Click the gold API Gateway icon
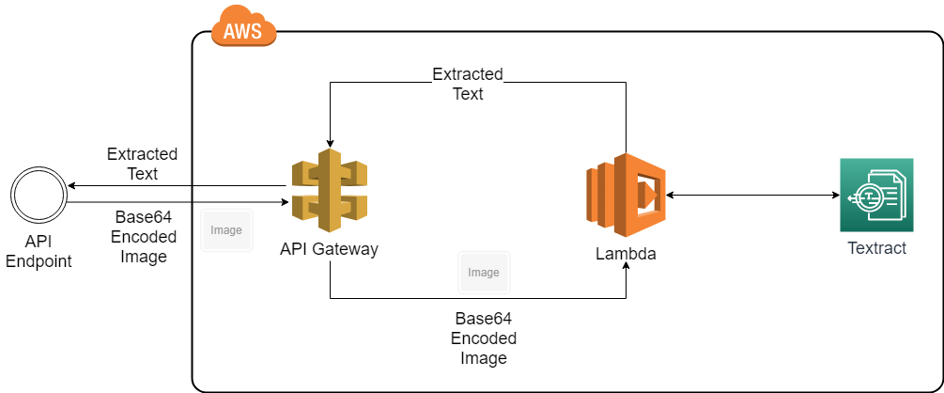pos(329,195)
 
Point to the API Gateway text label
pos(329,249)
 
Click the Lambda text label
pos(626,254)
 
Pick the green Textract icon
pos(875,195)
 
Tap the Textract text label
pos(876,249)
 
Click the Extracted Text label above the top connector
pos(467,84)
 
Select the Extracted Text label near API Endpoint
pos(142,164)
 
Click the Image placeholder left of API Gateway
pos(226,230)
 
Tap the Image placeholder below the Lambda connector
pos(484,273)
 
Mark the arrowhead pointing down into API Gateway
pos(329,142)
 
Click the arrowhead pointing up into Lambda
pos(626,268)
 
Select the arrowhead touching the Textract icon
pos(834,196)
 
